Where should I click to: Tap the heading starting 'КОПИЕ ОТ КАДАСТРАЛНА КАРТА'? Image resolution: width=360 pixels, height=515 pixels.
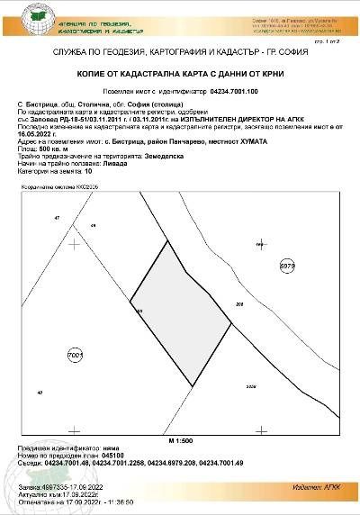[x=179, y=77]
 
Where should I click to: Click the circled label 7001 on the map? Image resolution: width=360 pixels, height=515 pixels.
[x=76, y=357]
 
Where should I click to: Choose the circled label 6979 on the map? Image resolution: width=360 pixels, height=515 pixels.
[x=286, y=267]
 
